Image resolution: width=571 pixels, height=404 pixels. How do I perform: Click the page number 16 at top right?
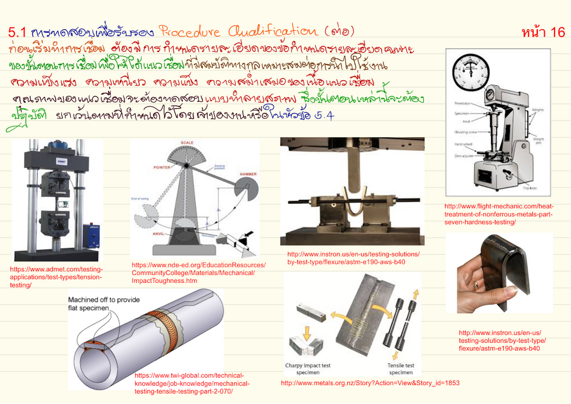[542, 33]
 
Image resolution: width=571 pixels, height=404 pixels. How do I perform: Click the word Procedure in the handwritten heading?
[188, 31]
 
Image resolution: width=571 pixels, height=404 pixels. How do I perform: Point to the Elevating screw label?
[462, 132]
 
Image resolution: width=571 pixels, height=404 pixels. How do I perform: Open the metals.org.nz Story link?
[370, 383]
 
